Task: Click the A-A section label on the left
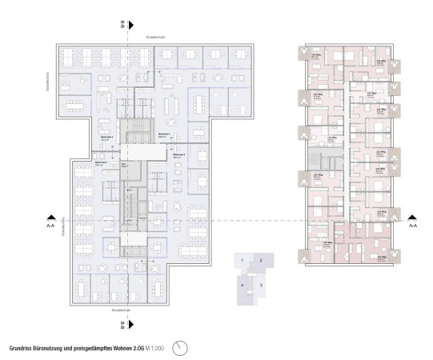[51, 226]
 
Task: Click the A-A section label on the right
[412, 226]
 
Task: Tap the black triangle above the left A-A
[51, 216]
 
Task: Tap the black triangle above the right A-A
[412, 216]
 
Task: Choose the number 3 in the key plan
[261, 285]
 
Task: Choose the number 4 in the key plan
[242, 285]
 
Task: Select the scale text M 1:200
[156, 349]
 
